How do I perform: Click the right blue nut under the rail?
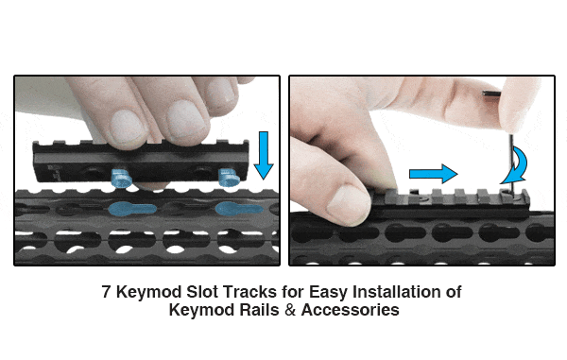[x=229, y=176]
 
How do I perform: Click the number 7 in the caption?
[x=106, y=292]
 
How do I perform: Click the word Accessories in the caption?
[x=350, y=309]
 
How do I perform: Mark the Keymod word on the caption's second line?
[x=200, y=309]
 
